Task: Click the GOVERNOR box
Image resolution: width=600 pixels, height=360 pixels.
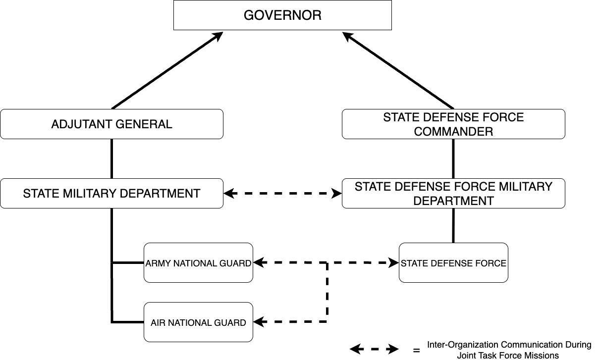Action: (x=282, y=15)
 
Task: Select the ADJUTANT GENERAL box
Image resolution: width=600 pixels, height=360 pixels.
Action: (x=111, y=124)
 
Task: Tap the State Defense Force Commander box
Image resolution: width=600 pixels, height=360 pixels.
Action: (x=453, y=124)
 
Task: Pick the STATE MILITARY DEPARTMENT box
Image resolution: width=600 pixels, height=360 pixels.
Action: (x=111, y=193)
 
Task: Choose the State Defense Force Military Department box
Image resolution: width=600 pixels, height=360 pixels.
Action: (x=453, y=193)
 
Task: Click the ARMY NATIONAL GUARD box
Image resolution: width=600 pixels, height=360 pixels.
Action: (x=198, y=263)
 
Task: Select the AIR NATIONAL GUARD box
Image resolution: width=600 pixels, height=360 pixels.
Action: (x=198, y=322)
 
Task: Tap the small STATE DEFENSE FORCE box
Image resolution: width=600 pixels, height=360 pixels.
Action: (x=453, y=263)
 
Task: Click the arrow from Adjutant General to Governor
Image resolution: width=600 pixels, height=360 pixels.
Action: (x=167, y=70)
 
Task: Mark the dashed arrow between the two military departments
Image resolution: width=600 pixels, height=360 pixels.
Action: (x=283, y=193)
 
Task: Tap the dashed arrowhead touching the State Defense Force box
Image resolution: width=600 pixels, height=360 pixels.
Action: (x=393, y=263)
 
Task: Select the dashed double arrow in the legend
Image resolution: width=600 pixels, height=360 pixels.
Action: (x=374, y=350)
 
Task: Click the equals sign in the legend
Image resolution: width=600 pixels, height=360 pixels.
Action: (x=416, y=351)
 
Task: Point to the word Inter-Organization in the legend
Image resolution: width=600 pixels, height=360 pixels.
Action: (x=463, y=345)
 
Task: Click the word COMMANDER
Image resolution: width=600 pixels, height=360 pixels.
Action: (x=453, y=132)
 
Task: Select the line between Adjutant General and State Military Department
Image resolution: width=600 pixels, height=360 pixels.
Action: (x=111, y=158)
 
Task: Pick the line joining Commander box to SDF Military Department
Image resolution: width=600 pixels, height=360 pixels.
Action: (x=453, y=158)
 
